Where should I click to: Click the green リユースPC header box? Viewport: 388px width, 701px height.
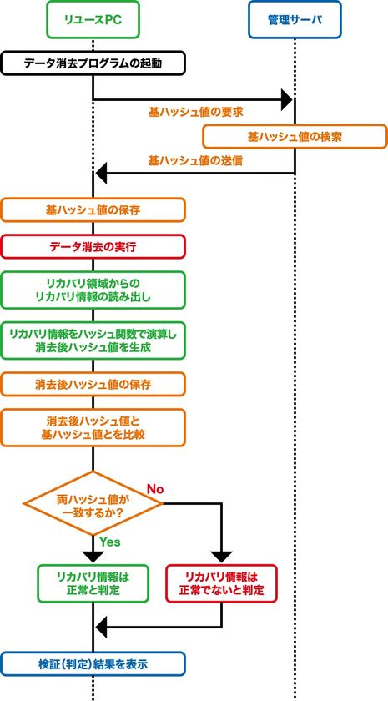(93, 20)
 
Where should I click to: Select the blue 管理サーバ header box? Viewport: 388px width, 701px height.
(295, 20)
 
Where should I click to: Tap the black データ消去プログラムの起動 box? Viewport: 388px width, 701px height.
(93, 63)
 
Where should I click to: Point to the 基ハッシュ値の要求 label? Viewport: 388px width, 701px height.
(196, 112)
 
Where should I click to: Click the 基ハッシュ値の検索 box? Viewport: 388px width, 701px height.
(295, 136)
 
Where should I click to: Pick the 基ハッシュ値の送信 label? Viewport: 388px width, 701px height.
(196, 160)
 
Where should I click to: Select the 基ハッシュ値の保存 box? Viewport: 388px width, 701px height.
(93, 209)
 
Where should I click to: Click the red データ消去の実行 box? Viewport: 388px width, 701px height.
(93, 246)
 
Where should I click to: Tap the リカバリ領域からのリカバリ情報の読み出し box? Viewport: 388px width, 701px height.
(93, 290)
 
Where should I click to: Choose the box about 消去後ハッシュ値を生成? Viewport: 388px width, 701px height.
(93, 340)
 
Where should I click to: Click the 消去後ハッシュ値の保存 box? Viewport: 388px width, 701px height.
(93, 384)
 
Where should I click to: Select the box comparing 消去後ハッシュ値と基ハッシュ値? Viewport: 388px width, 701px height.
(93, 427)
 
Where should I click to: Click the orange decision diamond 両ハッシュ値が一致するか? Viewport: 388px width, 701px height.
(93, 503)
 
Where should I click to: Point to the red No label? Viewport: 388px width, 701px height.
(155, 489)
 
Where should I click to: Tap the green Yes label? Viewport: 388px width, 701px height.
(110, 542)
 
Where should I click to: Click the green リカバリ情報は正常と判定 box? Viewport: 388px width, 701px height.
(93, 583)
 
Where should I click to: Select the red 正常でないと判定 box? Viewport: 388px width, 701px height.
(222, 583)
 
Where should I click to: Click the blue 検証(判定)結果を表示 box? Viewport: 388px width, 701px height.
(93, 664)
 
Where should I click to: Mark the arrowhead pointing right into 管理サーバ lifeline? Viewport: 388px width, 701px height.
(286, 99)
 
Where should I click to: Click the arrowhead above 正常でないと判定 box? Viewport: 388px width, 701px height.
(222, 556)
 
